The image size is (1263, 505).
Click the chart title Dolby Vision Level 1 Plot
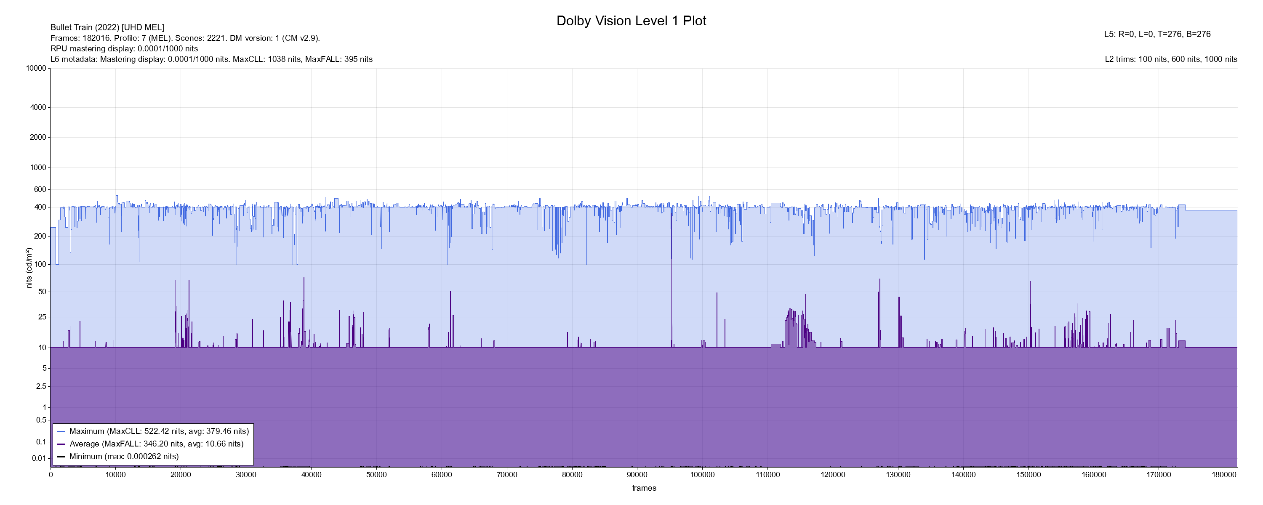click(x=631, y=21)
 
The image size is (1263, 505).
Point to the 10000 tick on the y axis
click(x=36, y=68)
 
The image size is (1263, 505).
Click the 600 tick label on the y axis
click(x=40, y=189)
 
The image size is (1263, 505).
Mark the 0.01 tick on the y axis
click(x=39, y=458)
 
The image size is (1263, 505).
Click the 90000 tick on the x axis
click(x=637, y=475)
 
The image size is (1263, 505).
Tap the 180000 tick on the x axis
click(x=1224, y=475)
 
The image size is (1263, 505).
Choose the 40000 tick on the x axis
click(x=312, y=475)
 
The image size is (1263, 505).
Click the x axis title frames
click(x=644, y=488)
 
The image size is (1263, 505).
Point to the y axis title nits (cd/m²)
click(x=29, y=268)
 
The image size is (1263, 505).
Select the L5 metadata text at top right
click(x=1157, y=35)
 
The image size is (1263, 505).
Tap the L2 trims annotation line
click(x=1171, y=59)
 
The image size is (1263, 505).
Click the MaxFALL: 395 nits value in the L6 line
click(x=339, y=59)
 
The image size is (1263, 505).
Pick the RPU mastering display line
click(x=124, y=48)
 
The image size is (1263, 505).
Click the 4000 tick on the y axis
click(x=38, y=107)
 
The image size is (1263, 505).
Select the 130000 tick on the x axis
click(x=898, y=475)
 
